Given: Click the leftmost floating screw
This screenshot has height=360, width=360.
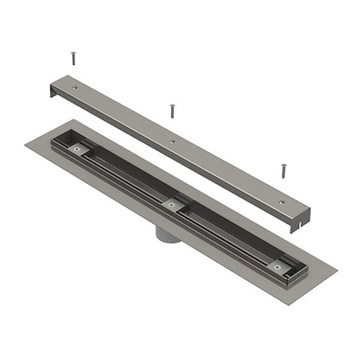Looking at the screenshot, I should click(73, 58).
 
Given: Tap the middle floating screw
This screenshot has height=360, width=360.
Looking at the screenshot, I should click(170, 110).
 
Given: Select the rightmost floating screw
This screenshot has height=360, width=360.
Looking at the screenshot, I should click(282, 170).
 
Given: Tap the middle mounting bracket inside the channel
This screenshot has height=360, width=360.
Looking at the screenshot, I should click(170, 204).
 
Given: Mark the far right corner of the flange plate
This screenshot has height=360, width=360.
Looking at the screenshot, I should click(336, 279).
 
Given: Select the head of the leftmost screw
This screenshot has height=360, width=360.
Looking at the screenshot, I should click(73, 54).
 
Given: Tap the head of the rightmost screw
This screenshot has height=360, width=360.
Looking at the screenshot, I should click(282, 166).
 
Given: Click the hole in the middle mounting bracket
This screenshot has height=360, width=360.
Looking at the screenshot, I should click(170, 204).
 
